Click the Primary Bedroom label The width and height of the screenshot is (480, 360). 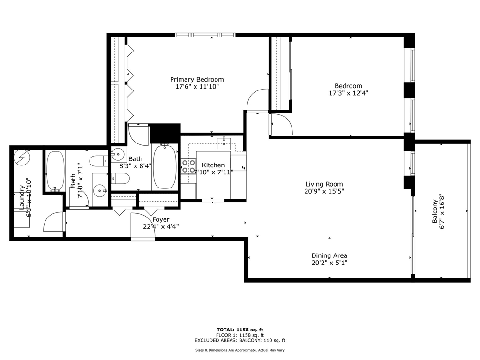pos(197,79)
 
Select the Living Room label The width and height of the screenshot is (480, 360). pos(324,184)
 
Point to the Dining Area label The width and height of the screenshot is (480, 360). pos(329,255)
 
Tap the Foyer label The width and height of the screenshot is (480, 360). pos(161,219)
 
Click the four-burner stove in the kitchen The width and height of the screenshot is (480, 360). pos(188,166)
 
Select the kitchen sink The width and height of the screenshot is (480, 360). pos(224,143)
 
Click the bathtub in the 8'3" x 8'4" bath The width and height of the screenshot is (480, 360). pos(165,166)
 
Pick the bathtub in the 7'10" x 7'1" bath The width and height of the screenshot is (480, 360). pos(55,171)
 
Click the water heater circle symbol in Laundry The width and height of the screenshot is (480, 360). pos(22,157)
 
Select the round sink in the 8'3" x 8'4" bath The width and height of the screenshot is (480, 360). pos(117,153)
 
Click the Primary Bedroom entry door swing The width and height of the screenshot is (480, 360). pos(257,100)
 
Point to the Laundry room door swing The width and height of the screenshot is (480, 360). pos(54,222)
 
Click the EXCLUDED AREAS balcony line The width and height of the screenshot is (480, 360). pos(240,341)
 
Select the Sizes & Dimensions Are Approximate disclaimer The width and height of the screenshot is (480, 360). pos(240,350)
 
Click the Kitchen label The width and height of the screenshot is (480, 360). pos(213,165)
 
